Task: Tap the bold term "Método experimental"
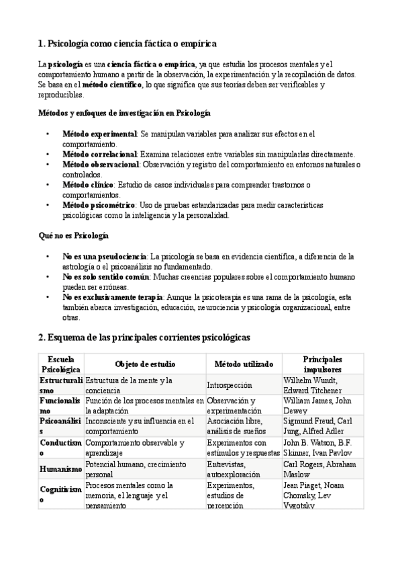[x=99, y=134]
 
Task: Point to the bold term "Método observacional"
[x=101, y=164]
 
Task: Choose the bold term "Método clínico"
[x=89, y=184]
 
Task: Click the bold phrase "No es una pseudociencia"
[x=104, y=256]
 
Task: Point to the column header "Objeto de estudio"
[x=145, y=364]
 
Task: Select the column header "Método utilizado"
[x=244, y=364]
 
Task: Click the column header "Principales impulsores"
[x=322, y=364]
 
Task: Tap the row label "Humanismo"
[x=60, y=469]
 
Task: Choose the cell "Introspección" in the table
[x=230, y=385]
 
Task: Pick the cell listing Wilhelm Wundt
[x=321, y=385]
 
